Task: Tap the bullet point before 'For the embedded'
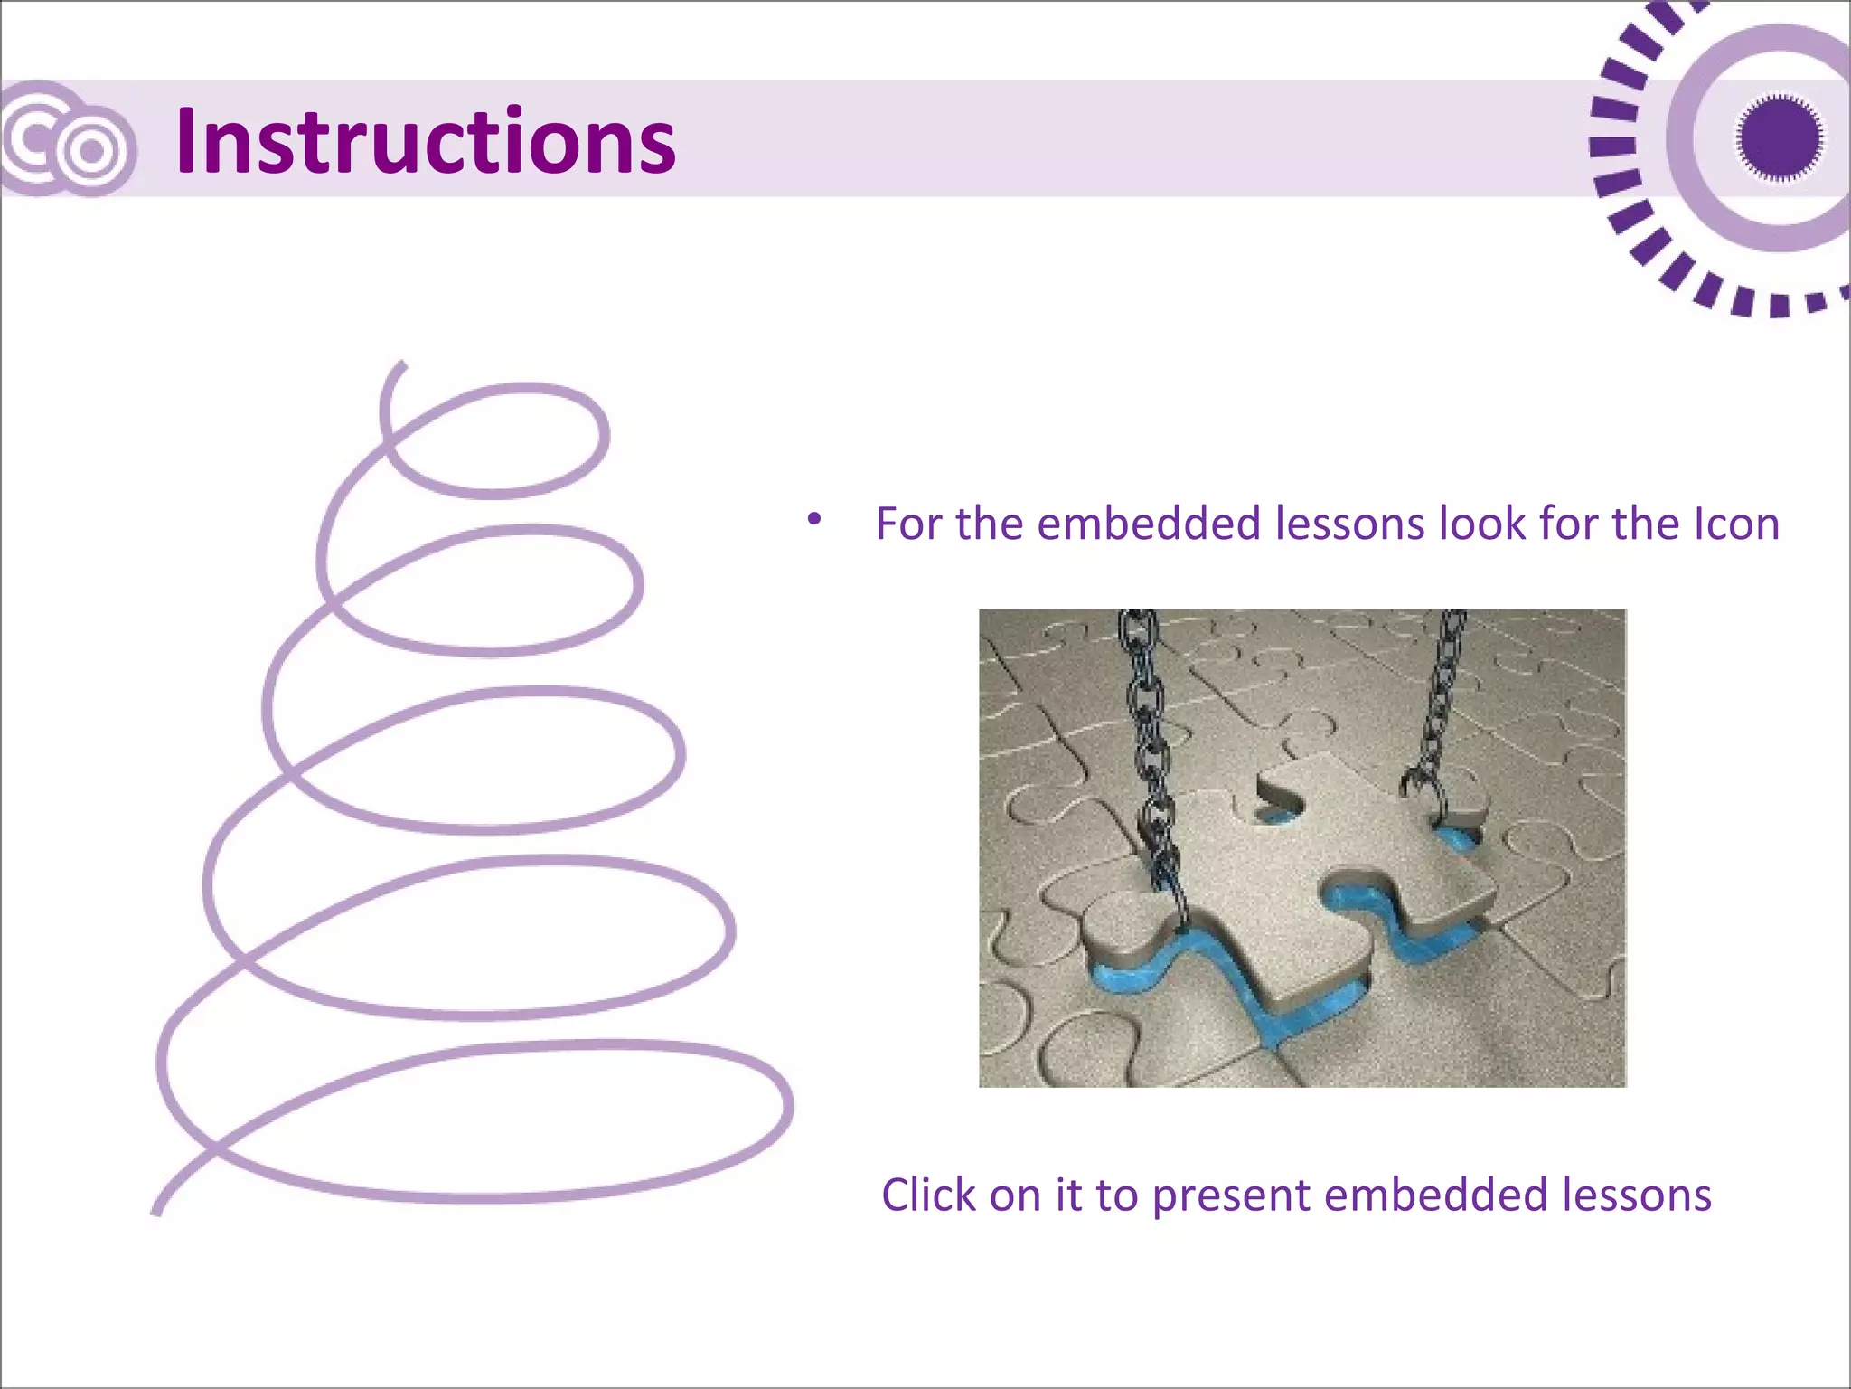[x=814, y=519]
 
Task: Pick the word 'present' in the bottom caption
[x=1231, y=1195]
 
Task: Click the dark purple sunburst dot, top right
[x=1779, y=138]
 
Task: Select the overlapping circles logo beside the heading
[x=68, y=140]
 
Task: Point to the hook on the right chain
[x=1421, y=785]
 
